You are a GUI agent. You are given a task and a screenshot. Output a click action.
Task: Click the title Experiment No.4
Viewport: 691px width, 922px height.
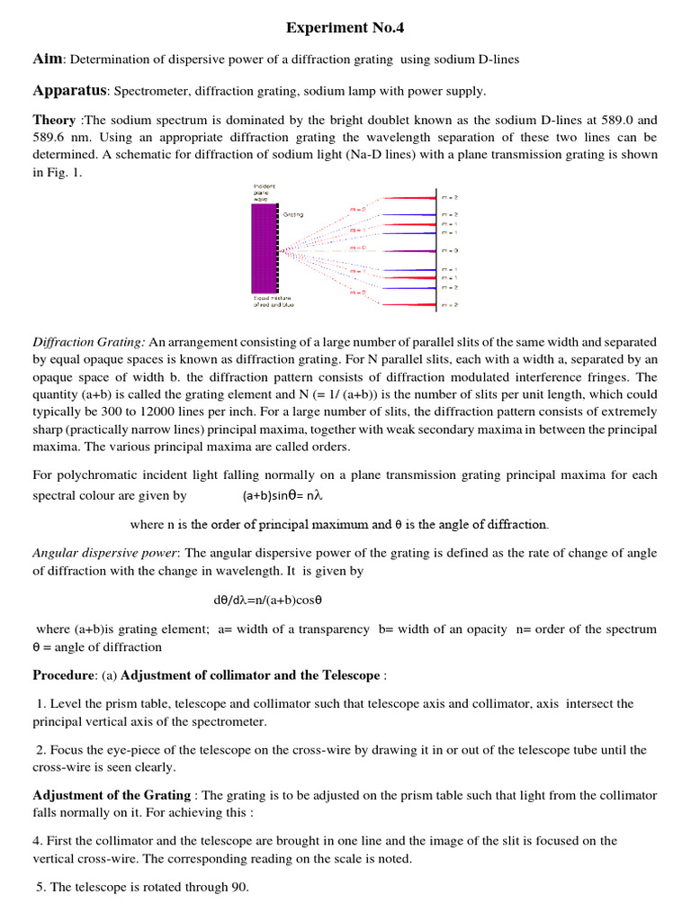[345, 28]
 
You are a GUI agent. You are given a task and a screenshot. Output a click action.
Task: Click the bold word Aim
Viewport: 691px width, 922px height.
[48, 59]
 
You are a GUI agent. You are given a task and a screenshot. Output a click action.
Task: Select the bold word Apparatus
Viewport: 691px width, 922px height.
[70, 90]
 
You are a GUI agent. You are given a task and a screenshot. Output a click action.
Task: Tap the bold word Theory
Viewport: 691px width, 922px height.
[54, 120]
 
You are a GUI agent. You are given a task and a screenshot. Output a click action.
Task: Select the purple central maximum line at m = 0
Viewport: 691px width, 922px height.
[410, 249]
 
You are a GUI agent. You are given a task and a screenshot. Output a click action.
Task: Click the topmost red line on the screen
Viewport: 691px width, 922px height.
[410, 195]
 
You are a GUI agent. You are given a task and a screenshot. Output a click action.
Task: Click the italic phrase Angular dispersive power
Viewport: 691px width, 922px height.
[105, 553]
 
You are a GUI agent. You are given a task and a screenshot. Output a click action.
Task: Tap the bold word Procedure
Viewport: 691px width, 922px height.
[63, 674]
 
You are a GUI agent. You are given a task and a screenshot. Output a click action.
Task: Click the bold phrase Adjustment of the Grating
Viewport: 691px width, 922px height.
[112, 795]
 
